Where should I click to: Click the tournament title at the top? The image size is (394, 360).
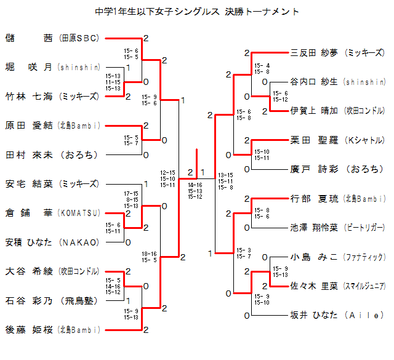tap(198, 12)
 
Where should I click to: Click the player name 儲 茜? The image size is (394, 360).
tap(29, 38)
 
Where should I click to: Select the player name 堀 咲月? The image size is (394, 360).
tap(29, 67)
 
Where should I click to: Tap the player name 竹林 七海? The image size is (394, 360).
tap(29, 96)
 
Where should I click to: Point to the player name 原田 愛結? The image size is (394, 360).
tap(29, 126)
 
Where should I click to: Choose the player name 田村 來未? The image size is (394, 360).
tap(29, 154)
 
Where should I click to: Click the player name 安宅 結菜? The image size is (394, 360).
tap(29, 183)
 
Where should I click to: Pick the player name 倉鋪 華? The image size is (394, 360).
tap(29, 213)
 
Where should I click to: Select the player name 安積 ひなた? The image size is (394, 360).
tap(29, 242)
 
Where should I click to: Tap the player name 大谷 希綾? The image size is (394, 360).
tap(29, 271)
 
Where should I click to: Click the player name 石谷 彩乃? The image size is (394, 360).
tap(29, 300)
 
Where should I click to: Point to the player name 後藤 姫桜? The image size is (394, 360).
tap(29, 329)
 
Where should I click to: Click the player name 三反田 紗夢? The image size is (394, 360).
tap(314, 53)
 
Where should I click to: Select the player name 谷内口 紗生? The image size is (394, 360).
tap(314, 82)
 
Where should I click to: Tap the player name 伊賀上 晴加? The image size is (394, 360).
tap(314, 111)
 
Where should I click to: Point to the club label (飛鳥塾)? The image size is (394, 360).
tap(79, 300)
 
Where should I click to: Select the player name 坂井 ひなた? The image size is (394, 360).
tap(314, 314)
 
